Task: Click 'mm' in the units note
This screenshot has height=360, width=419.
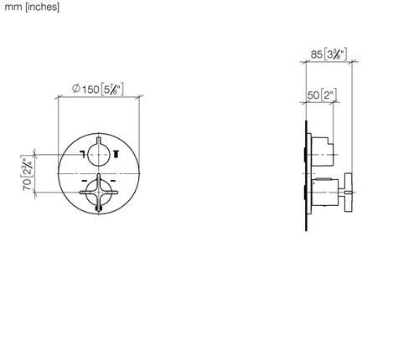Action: point(13,8)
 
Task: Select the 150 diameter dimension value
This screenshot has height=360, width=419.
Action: point(91,90)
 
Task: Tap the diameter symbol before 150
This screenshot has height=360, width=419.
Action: point(76,89)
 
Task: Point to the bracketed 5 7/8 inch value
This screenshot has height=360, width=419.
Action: point(111,90)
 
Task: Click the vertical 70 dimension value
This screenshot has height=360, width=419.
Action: point(27,184)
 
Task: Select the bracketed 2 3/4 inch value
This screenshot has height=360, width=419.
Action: point(27,167)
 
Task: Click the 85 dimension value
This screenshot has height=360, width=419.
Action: point(317,54)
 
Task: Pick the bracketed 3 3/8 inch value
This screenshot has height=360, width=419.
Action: point(335,54)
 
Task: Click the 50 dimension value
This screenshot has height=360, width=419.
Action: point(313,95)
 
